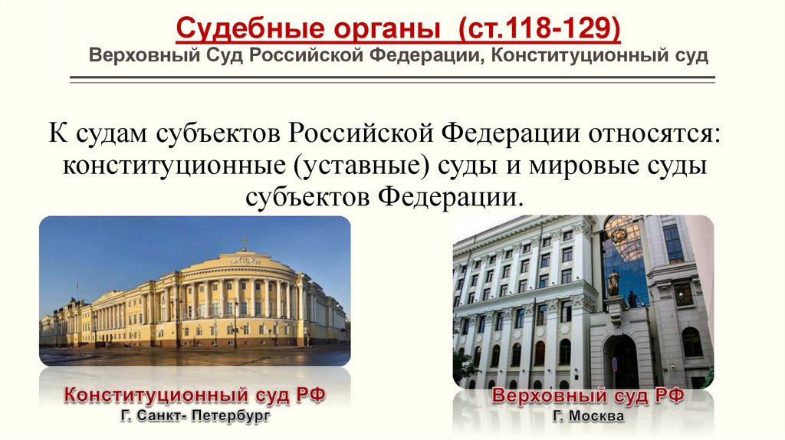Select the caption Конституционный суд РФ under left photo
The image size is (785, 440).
tap(195, 396)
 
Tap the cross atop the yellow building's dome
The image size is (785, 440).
tap(245, 242)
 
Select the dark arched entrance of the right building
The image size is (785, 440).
tap(620, 361)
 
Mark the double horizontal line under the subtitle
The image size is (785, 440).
tap(392, 78)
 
